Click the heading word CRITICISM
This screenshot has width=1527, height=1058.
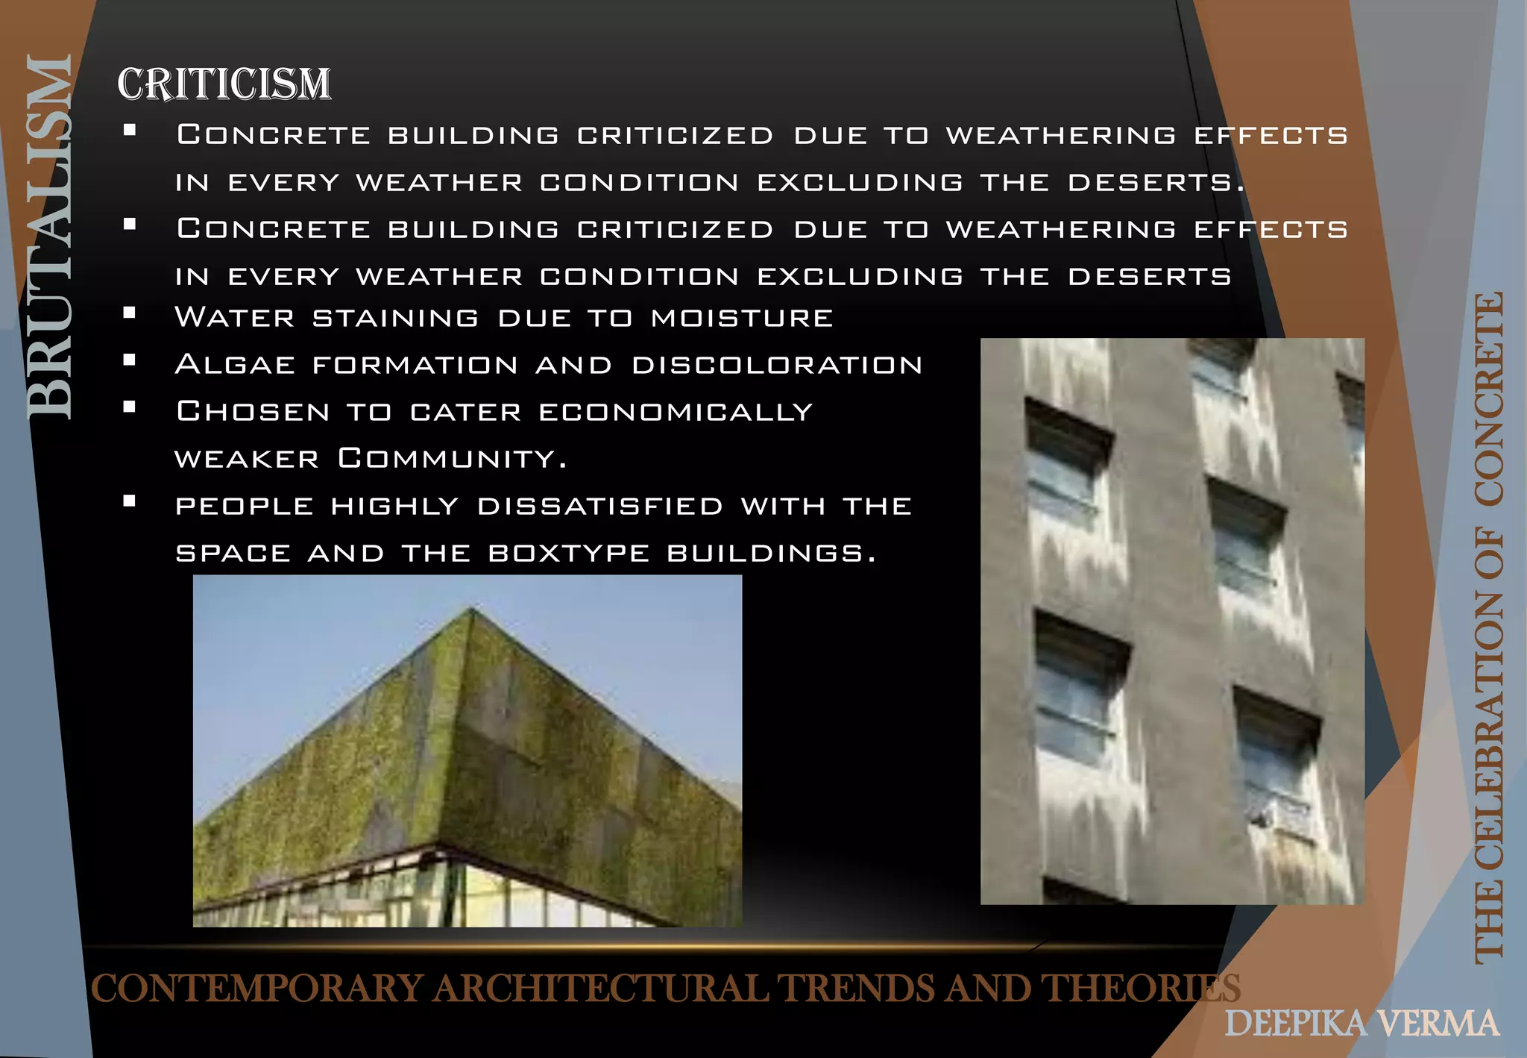(224, 84)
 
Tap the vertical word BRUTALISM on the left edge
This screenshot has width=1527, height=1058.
(49, 237)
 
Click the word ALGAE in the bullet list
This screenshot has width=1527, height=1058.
(235, 365)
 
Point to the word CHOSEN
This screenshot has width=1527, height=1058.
(253, 412)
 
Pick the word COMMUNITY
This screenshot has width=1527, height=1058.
(452, 458)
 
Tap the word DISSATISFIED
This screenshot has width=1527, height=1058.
(600, 506)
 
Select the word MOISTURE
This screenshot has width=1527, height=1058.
(742, 318)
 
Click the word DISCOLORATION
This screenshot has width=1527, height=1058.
(777, 365)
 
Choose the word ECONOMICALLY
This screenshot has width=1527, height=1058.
(676, 412)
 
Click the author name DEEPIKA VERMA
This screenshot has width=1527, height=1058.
(1361, 1024)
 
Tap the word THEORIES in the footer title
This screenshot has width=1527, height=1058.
(1141, 989)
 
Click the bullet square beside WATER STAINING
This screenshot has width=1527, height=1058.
(130, 313)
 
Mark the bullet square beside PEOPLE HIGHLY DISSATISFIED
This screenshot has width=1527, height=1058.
(130, 501)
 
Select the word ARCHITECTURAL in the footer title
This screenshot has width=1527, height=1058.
(601, 989)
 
